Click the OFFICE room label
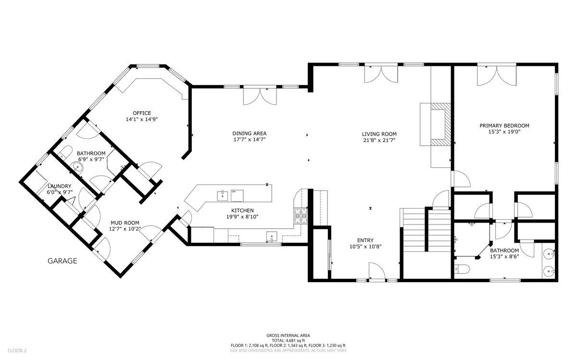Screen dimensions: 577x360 tap(142, 113)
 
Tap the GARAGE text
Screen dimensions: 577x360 tap(63, 261)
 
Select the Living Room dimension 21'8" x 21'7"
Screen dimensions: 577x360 tap(379, 140)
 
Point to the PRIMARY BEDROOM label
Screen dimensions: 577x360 tap(504, 125)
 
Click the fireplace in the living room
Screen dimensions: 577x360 tap(436, 124)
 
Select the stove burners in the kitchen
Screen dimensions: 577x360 tap(301, 216)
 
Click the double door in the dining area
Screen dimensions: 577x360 tap(260, 96)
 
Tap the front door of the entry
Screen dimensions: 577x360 tap(377, 271)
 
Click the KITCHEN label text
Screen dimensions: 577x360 tap(242, 211)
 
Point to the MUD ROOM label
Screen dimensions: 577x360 tap(125, 223)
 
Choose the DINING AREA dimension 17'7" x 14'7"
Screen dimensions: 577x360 tap(250, 139)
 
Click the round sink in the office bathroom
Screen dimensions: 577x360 tap(77, 167)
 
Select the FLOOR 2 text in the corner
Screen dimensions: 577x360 tap(17, 350)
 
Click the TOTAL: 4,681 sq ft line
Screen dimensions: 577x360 tap(288, 340)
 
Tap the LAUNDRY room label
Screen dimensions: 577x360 tap(60, 186)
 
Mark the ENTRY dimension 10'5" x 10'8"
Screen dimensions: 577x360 tap(365, 247)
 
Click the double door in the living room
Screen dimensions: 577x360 tap(381, 74)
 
